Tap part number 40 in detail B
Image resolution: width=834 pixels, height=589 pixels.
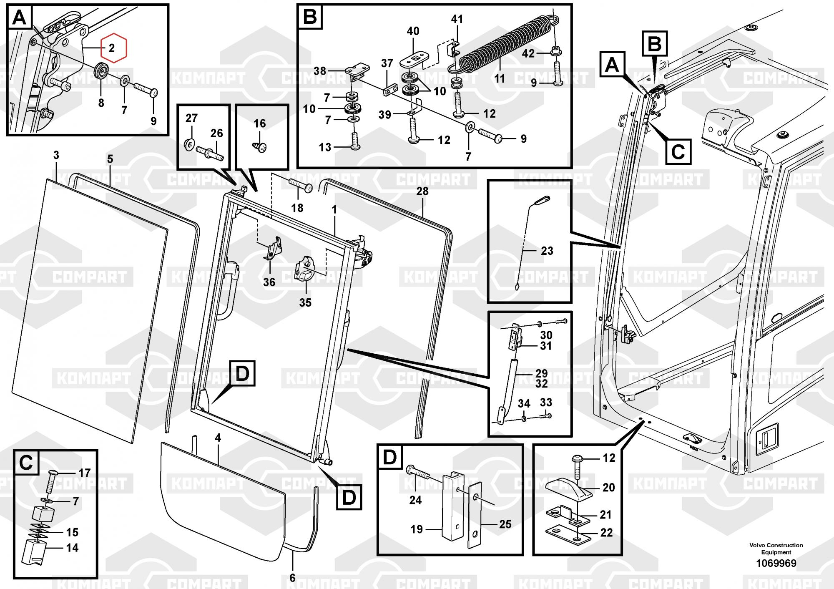coord(413,31)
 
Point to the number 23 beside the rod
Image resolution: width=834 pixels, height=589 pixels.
coord(547,251)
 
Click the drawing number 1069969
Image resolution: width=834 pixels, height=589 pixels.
coord(776,564)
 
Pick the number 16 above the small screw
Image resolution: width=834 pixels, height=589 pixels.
coord(259,123)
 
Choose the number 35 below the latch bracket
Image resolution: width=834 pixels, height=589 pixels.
coord(305,302)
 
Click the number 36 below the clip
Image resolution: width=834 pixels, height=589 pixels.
coord(269,282)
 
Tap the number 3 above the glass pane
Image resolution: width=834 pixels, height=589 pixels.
coord(56,156)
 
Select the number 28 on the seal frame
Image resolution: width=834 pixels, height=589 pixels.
coord(422,191)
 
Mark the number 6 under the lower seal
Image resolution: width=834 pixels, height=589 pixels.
coord(292,578)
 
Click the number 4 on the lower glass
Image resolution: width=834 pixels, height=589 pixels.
coord(218,438)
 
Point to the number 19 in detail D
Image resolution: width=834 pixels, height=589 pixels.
coord(417,529)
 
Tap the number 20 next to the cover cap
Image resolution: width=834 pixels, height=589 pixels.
coord(608,487)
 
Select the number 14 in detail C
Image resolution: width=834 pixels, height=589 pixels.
coord(72,548)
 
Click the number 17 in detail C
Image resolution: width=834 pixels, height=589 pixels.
coord(84,473)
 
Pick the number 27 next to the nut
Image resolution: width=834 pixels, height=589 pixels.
coord(191,118)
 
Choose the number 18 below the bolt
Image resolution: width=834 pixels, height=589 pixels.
coord(297,208)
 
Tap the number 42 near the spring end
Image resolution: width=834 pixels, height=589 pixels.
coord(528,54)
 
